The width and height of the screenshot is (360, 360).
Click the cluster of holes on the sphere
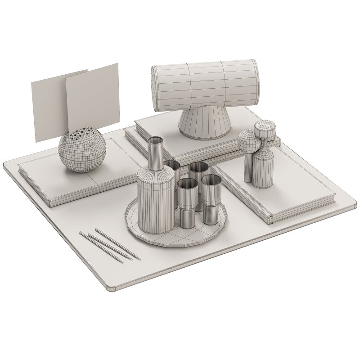pos(83,133)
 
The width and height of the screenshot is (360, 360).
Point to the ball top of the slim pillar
pos(248,142)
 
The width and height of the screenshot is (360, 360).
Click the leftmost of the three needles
pos(101,247)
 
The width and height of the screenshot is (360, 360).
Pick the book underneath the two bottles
pos(288,193)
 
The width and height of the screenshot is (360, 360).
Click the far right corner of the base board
pos(353,202)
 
